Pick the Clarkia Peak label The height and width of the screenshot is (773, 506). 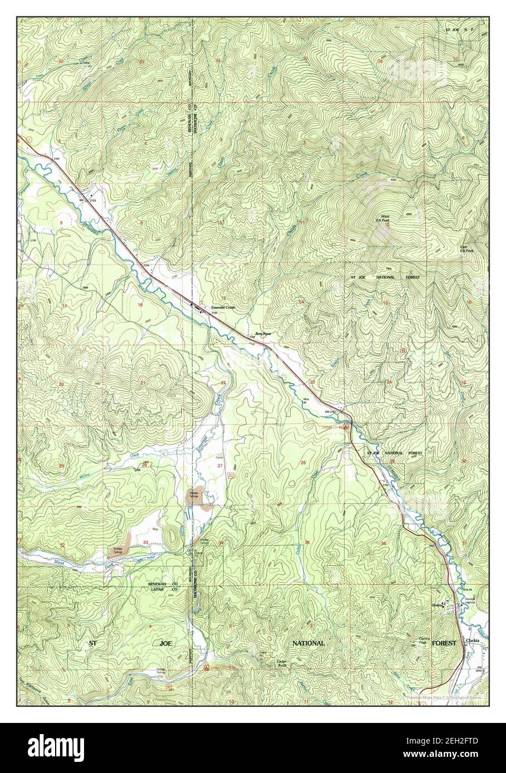point(426,640)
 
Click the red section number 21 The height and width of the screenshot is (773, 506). point(143,383)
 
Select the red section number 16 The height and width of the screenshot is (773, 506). point(140,305)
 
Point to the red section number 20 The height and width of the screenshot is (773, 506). point(62,384)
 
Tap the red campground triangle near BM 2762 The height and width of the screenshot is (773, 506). point(346,428)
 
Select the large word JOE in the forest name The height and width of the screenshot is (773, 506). point(166,643)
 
